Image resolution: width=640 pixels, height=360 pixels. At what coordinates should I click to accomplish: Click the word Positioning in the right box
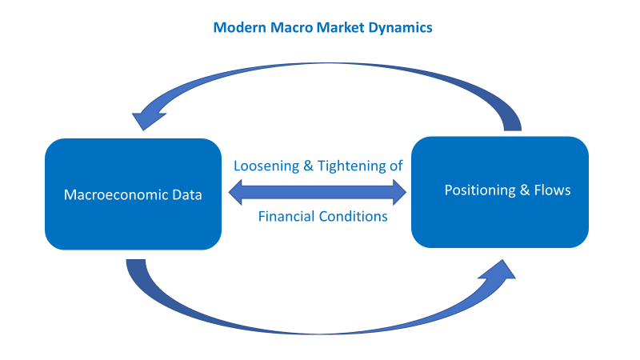click(x=478, y=190)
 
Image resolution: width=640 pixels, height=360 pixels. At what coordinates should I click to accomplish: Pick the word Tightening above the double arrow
click(x=346, y=166)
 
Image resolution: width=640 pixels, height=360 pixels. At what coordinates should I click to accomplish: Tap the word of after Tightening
click(x=394, y=166)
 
